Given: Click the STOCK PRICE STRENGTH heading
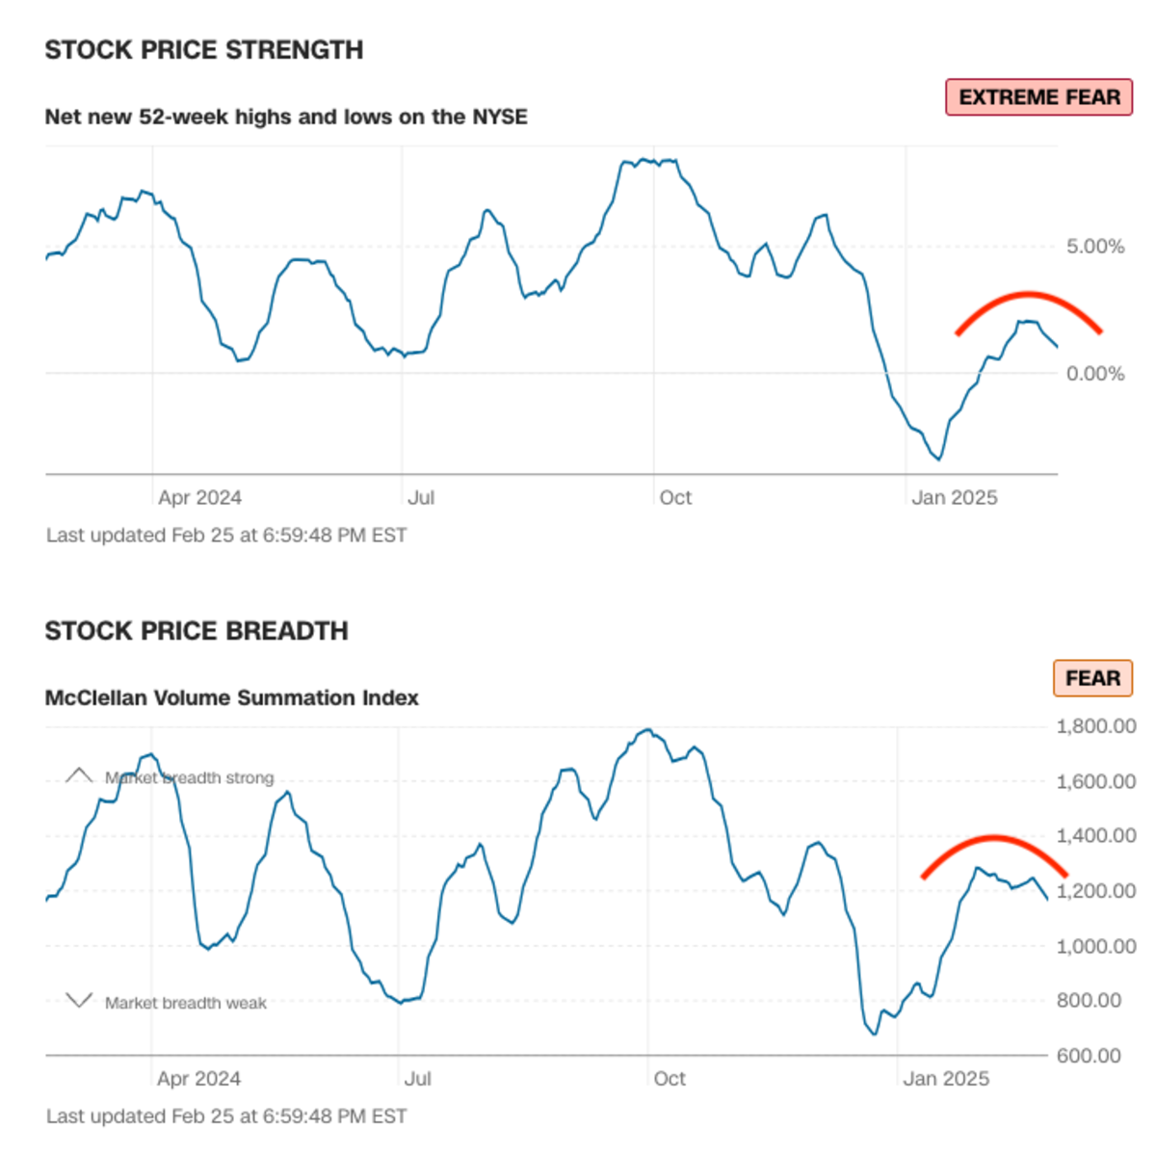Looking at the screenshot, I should [204, 50].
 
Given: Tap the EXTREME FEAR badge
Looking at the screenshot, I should [1038, 97].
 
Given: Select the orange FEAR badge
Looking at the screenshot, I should [1092, 678].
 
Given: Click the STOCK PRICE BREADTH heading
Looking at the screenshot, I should [197, 631].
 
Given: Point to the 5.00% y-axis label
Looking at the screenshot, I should [1095, 247].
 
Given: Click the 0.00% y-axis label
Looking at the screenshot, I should [1095, 374].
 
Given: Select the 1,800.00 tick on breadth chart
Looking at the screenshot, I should [1096, 726].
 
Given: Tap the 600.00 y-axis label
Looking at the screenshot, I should [1089, 1056].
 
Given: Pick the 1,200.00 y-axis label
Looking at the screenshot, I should [1096, 891].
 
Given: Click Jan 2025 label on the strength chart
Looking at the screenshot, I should [954, 498].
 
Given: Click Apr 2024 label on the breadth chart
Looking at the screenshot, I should [198, 1079].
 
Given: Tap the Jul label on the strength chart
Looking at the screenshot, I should [421, 498].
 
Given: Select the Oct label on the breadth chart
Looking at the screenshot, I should [670, 1079].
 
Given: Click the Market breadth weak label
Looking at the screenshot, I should [185, 1003].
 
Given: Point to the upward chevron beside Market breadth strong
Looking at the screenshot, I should [79, 775].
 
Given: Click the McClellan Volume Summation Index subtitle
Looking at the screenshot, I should [231, 697].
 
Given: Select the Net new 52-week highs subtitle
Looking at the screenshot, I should [286, 117].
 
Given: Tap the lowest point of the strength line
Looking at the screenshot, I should [937, 459].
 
